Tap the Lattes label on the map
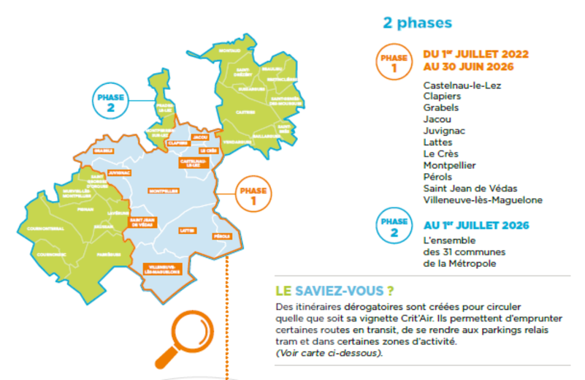(188, 231)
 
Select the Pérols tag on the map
(223, 236)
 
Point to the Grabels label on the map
(103, 151)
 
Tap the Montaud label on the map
(231, 50)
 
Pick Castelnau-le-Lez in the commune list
(462, 85)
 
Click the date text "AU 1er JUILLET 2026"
(476, 224)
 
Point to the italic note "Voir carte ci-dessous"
(329, 353)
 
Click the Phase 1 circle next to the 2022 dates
(394, 62)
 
